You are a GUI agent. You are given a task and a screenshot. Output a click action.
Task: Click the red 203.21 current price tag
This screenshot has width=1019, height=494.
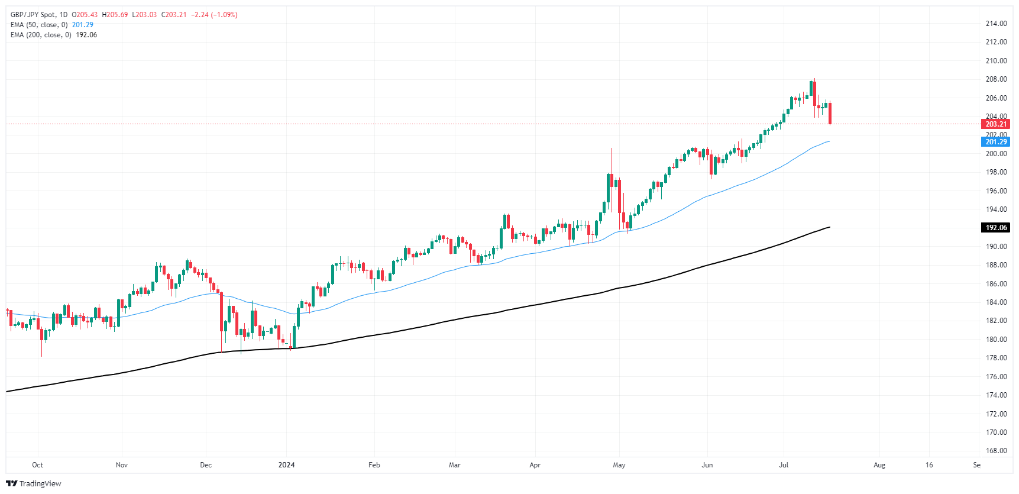tap(996, 124)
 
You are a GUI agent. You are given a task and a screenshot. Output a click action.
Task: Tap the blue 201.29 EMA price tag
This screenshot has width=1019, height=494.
tap(996, 142)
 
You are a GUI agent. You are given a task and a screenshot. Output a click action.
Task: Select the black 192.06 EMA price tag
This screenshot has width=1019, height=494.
tap(996, 228)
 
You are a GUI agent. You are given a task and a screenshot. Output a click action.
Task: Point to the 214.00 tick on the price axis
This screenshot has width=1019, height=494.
tap(996, 24)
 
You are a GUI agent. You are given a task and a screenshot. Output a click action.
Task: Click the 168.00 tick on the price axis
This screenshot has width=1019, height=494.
tap(996, 451)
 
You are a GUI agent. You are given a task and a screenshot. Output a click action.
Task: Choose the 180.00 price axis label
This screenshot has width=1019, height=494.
tap(996, 340)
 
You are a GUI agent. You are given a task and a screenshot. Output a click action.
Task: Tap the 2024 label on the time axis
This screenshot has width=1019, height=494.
tap(286, 465)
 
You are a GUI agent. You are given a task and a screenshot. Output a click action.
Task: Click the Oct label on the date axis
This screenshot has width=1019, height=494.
tap(37, 465)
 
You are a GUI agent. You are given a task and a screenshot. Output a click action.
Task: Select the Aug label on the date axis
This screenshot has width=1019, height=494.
tap(879, 465)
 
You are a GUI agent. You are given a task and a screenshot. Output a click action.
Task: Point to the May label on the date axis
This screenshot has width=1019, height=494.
tap(619, 465)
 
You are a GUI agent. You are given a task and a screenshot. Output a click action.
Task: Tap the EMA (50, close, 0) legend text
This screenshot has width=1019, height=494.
tap(39, 25)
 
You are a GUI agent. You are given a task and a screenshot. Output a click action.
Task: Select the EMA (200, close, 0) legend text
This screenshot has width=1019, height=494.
tap(41, 35)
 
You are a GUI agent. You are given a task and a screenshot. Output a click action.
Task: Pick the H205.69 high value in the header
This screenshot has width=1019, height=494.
tap(115, 15)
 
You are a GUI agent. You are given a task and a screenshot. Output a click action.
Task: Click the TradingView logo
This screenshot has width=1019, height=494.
tap(34, 483)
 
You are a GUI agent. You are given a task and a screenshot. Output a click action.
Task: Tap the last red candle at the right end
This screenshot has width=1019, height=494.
tap(830, 113)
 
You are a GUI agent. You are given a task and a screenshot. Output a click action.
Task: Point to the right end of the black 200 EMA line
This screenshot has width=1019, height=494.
tap(830, 227)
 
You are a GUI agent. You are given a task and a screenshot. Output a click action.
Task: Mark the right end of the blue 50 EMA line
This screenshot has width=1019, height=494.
tap(829, 142)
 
